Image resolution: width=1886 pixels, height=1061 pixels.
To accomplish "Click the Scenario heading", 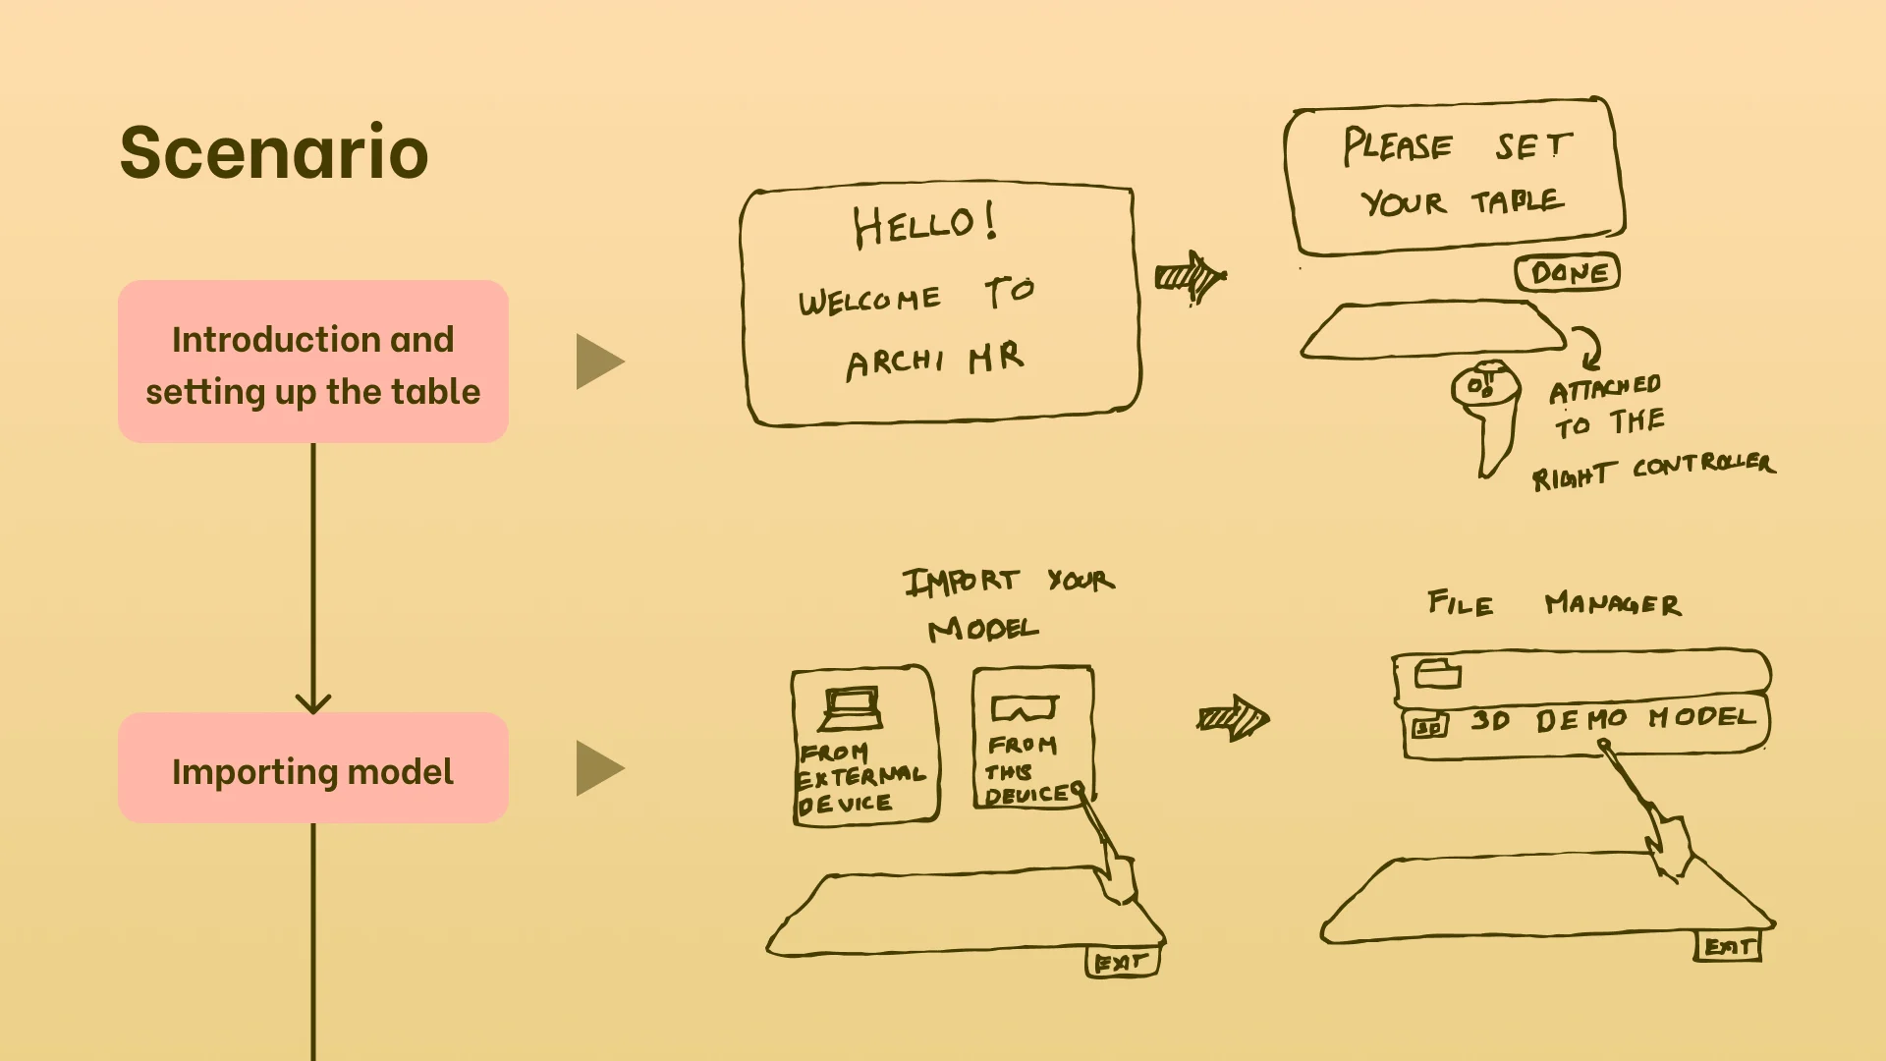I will tap(274, 152).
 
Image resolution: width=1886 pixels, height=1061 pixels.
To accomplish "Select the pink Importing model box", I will tap(313, 768).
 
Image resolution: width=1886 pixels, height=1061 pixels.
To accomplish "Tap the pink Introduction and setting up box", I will tap(313, 362).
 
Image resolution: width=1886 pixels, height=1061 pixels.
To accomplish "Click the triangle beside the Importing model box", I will tap(598, 768).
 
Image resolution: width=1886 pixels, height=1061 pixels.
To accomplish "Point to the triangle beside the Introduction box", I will tap(598, 362).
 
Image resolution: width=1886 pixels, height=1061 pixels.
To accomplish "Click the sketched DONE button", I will tap(1567, 272).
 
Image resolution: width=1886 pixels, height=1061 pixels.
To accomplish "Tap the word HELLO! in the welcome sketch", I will tap(924, 225).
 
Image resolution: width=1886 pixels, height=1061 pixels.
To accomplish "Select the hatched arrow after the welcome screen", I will tap(1191, 277).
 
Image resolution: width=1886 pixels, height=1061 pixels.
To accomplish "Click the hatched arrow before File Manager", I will tap(1234, 719).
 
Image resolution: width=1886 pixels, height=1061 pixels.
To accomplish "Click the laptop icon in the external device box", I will tap(851, 708).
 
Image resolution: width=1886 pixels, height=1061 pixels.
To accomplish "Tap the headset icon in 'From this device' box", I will tap(1025, 708).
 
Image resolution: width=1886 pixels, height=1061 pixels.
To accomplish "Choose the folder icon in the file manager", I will tap(1438, 674).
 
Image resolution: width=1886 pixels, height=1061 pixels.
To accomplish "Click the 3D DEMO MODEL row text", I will tap(1611, 720).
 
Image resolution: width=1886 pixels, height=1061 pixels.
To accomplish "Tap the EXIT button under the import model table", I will tap(1122, 962).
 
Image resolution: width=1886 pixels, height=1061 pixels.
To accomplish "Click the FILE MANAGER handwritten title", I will tap(1554, 603).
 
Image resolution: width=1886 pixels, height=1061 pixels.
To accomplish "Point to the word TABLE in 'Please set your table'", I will tap(1517, 201).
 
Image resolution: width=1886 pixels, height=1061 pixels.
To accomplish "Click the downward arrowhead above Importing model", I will tap(313, 702).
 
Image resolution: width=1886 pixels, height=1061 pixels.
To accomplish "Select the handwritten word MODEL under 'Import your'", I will tap(982, 629).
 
